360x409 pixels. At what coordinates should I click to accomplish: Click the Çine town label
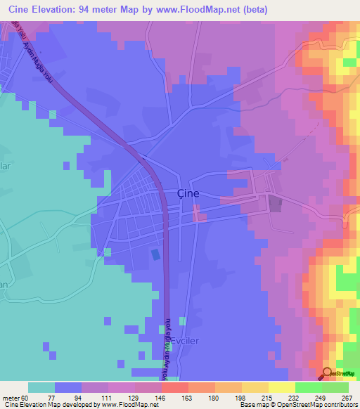(x=187, y=194)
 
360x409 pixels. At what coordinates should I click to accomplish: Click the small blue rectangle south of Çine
(x=155, y=254)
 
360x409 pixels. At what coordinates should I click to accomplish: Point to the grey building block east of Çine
(x=274, y=204)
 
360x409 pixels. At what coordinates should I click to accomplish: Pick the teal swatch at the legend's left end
(x=41, y=387)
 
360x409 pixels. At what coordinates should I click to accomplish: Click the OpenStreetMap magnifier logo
(x=327, y=373)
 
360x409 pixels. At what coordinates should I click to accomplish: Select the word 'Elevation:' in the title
(x=64, y=9)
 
